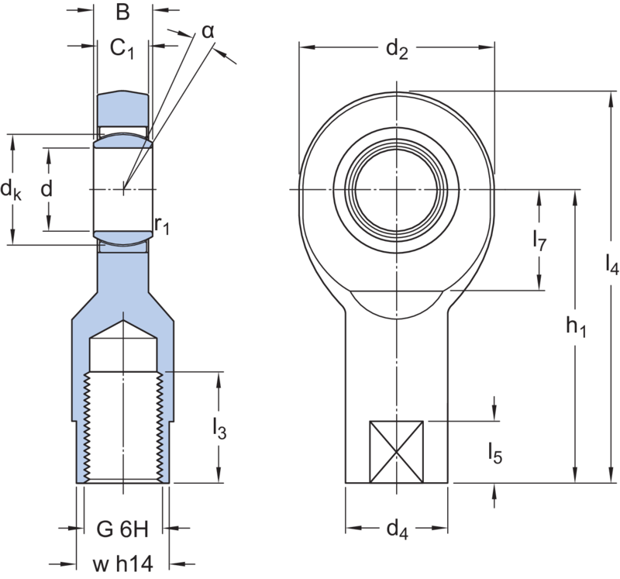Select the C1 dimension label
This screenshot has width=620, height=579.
pos(121,49)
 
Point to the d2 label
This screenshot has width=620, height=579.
pos(398,53)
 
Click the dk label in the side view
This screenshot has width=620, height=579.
pos(10,188)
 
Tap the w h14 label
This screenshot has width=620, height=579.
pos(122,563)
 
